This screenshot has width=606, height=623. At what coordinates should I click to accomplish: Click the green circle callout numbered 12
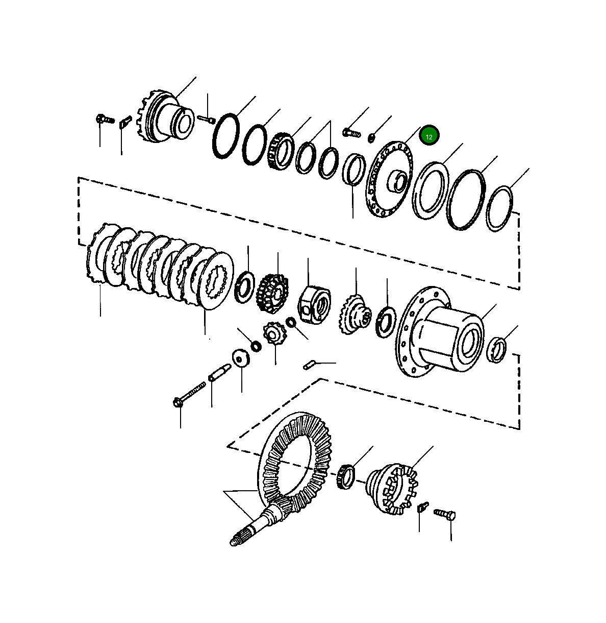pos(429,136)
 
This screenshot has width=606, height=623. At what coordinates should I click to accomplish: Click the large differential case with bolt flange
pos(439,331)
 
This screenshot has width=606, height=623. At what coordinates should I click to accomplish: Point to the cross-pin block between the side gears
pos(314,304)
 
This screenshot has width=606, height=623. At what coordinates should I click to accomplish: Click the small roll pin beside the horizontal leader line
pos(309,365)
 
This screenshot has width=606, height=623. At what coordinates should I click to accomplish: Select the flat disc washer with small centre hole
pos(241,357)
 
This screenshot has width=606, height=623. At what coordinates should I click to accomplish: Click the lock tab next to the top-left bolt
pos(125,122)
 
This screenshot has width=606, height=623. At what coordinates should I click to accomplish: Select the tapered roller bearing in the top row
pos(280,151)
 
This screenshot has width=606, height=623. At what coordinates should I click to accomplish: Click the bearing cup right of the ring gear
pos(346,477)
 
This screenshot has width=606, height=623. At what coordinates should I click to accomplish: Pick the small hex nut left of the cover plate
pos(371,139)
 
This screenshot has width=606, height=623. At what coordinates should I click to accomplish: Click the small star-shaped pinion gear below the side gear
pos(275,334)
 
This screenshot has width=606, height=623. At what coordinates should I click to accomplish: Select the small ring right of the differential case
pos(496,350)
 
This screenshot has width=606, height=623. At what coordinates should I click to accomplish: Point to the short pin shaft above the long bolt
pos(220,373)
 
